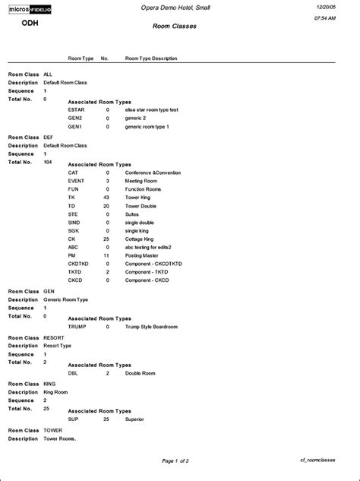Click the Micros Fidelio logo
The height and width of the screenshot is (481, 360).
(x=30, y=8)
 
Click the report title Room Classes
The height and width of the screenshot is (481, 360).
(x=175, y=25)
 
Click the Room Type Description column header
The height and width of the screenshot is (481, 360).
(x=153, y=59)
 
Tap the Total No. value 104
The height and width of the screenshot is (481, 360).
(x=48, y=162)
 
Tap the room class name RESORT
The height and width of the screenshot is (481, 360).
(x=55, y=337)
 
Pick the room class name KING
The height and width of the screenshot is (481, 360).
(x=50, y=384)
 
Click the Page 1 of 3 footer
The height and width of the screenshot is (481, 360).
(x=175, y=460)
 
